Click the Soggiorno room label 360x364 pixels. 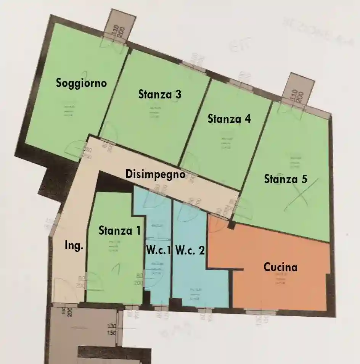point(81,83)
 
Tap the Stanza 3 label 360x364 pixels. point(159,94)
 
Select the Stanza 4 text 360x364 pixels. point(229,119)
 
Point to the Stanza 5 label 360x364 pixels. point(285,179)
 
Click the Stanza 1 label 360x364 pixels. point(119,230)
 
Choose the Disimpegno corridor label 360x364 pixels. point(155,174)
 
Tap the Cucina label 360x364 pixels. point(280,267)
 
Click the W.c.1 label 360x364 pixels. point(158,251)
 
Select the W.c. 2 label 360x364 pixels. point(190,251)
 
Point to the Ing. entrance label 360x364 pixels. point(74,246)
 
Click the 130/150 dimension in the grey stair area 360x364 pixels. point(112,329)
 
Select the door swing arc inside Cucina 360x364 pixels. point(215,226)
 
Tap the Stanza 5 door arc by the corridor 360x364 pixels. point(244,210)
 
